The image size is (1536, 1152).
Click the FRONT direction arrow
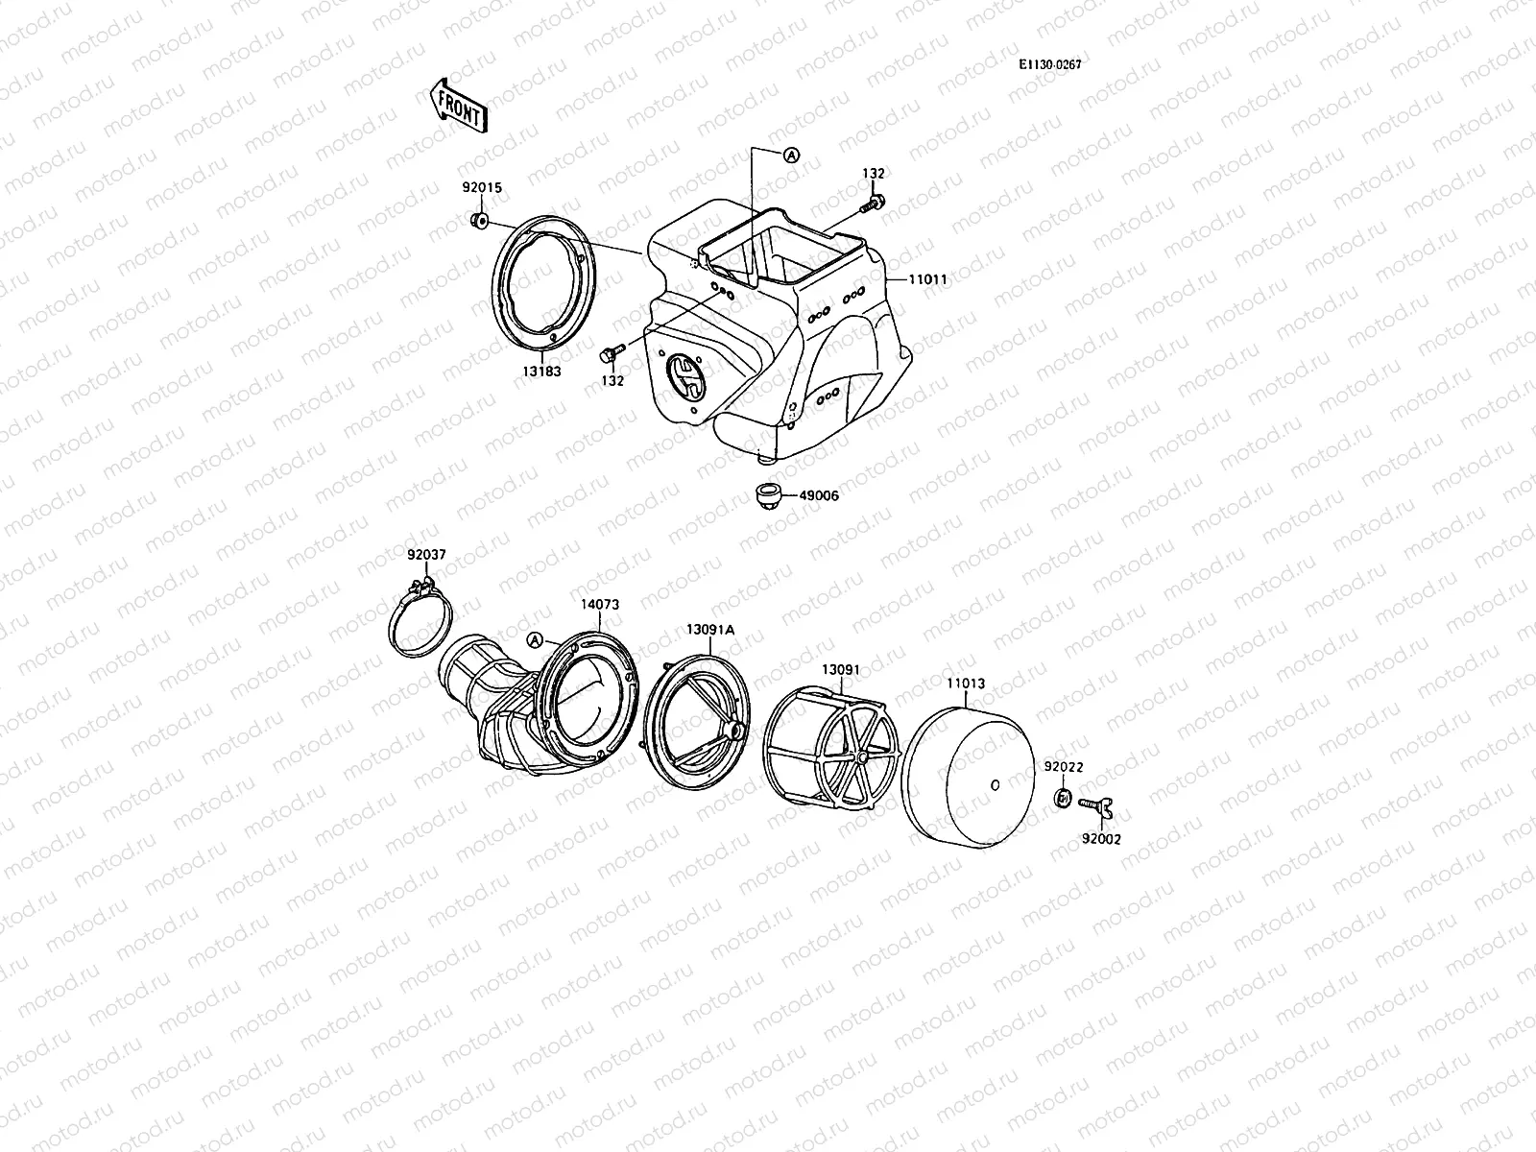point(458,105)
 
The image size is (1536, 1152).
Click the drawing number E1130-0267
point(1057,64)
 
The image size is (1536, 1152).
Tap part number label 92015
point(481,189)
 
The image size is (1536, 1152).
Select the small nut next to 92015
point(477,223)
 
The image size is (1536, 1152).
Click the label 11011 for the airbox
point(928,280)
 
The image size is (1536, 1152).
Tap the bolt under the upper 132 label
point(874,204)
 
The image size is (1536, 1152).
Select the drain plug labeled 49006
point(768,496)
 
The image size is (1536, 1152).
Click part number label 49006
point(818,496)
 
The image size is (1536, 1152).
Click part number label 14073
point(599,605)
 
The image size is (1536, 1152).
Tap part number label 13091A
point(709,630)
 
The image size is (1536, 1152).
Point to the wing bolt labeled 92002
point(1096,806)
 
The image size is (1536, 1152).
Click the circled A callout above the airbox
point(790,155)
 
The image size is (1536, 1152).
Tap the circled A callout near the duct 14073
point(536,640)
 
